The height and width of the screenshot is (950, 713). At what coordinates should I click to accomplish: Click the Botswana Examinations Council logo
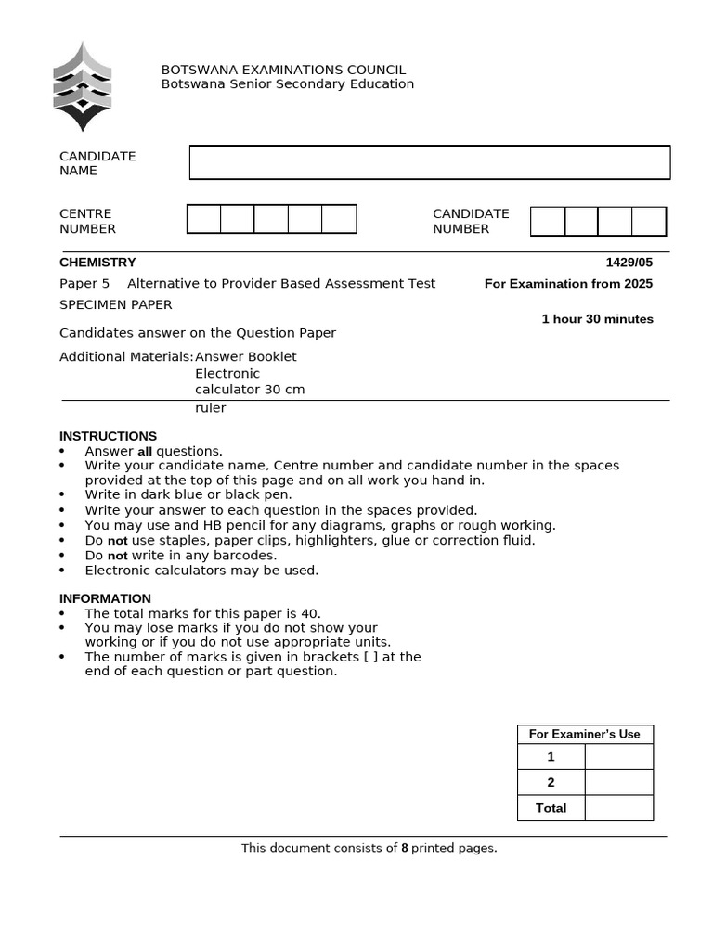pos(83,86)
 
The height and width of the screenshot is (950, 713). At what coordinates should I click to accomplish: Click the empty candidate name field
pos(430,162)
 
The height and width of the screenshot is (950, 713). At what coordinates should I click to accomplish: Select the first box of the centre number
pos(204,220)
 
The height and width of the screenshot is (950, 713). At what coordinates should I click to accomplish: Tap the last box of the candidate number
pos(649,222)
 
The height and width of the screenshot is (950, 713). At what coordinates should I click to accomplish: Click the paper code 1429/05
pos(629,263)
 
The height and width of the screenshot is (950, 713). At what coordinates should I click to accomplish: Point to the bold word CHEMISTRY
pos(97,263)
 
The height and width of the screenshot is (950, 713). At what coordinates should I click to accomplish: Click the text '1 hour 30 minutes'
pos(597,319)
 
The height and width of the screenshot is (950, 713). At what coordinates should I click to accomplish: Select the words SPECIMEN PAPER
pos(116,304)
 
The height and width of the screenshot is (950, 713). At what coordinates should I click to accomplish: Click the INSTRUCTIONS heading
pos(108,436)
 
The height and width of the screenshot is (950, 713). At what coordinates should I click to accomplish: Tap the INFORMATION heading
pos(105,598)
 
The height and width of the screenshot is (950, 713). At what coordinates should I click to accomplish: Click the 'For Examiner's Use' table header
pos(585,734)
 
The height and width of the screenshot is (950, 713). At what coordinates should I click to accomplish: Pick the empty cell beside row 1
pos(618,757)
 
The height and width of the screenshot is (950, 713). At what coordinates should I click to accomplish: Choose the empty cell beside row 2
pos(618,782)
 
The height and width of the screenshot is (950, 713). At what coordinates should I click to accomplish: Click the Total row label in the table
pos(551,808)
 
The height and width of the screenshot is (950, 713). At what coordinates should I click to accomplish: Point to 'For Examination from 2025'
pos(568,284)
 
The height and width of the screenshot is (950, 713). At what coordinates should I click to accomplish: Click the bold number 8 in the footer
pos(405,848)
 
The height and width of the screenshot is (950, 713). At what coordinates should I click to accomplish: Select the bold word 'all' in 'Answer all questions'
pos(145,452)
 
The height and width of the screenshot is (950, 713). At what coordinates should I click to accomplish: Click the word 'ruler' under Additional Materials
pos(210,408)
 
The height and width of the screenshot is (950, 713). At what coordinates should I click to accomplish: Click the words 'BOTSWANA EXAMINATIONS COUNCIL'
pos(283,70)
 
